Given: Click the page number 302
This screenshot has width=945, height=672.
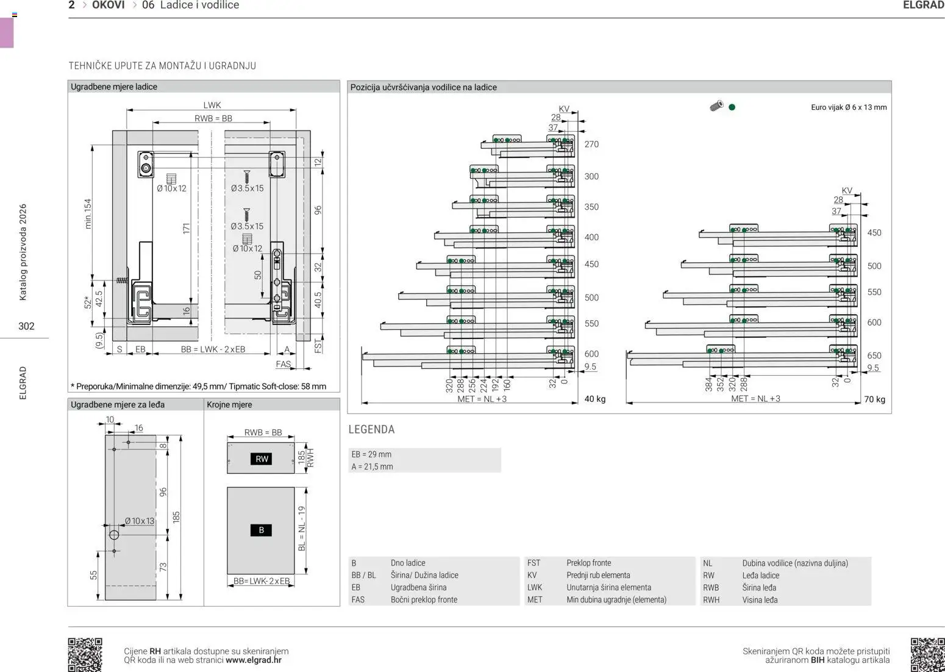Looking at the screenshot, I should click(26, 326).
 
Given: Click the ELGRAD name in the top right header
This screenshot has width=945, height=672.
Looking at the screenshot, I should click(923, 5).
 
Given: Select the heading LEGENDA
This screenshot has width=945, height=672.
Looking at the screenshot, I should click(371, 429).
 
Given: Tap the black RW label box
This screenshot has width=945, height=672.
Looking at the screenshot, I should click(262, 459).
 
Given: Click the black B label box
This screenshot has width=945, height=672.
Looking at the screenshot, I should click(262, 531).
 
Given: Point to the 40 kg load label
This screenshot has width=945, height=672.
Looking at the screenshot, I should click(594, 399).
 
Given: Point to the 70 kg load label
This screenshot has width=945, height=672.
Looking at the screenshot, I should click(874, 399).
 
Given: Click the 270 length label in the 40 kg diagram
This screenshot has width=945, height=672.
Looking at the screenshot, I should click(591, 145).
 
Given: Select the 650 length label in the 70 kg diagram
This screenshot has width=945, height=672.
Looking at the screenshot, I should click(874, 356).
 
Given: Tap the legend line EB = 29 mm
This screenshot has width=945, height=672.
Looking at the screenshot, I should click(371, 454).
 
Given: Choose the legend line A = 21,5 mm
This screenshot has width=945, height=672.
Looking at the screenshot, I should click(372, 466).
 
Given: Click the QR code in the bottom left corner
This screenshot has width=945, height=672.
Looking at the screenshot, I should click(85, 654).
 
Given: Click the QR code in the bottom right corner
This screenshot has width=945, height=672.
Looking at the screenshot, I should click(927, 654).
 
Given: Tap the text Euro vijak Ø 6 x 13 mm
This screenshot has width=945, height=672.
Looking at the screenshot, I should click(849, 107).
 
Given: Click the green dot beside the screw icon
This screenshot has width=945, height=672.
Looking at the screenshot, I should click(732, 107).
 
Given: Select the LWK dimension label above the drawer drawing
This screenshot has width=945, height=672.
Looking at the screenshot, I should click(212, 105).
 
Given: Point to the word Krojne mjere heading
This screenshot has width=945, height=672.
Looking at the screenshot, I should click(229, 405).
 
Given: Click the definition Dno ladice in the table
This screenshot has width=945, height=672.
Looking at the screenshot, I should click(408, 563).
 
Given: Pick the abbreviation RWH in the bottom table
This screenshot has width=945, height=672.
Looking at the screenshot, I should click(711, 600).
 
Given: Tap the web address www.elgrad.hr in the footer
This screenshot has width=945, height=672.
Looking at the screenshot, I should click(254, 660).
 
